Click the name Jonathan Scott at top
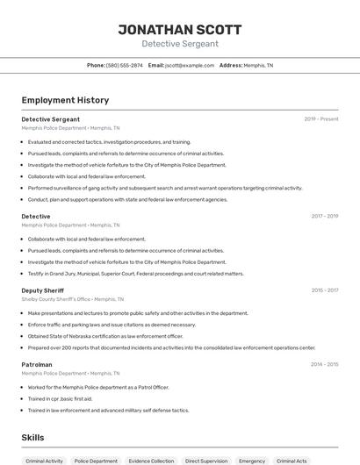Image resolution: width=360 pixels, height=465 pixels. (x=180, y=29)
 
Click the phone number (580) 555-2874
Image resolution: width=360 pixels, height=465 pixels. (x=124, y=65)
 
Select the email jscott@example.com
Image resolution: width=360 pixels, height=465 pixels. (x=190, y=65)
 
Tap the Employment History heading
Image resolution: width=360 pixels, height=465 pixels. (x=65, y=100)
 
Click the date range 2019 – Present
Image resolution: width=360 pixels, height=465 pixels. (x=321, y=118)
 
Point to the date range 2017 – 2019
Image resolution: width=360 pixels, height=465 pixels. (x=324, y=216)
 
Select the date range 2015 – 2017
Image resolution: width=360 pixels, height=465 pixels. (x=324, y=290)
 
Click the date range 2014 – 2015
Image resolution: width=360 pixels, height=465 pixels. (x=324, y=364)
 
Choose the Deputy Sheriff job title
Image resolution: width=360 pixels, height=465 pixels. (x=44, y=290)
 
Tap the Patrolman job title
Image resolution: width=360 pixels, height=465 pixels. (x=37, y=364)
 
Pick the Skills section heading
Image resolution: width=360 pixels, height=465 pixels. (x=32, y=437)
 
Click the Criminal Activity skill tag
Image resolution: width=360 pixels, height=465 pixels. (x=44, y=461)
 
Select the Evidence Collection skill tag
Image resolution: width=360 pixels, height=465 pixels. (x=151, y=461)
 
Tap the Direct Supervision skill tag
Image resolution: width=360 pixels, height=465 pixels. (x=205, y=461)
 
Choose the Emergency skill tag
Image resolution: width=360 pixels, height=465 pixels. (x=252, y=461)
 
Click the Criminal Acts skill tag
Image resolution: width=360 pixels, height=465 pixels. (x=292, y=461)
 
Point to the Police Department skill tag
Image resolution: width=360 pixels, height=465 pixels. (x=96, y=461)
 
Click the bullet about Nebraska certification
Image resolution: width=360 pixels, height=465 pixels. (x=105, y=336)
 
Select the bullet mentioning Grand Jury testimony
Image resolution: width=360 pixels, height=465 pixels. (x=135, y=273)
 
